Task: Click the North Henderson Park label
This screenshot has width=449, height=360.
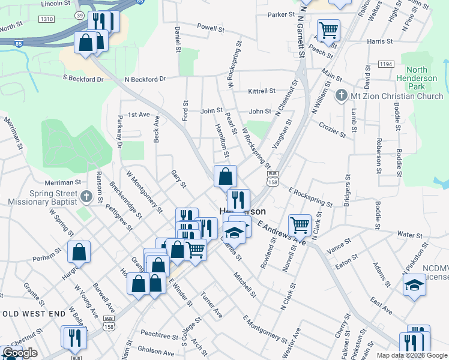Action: coord(420,79)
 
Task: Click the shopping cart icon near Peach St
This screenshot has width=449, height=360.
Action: coord(328,31)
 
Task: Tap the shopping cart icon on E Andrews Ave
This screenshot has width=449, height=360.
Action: coord(300,226)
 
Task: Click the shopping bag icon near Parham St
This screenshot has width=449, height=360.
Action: coord(79,252)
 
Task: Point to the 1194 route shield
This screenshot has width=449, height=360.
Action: coord(386,64)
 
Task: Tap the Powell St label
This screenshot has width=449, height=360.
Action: coord(210,28)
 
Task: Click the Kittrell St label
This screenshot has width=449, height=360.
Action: coord(262,91)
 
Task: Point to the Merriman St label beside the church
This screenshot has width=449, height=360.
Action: coord(62,182)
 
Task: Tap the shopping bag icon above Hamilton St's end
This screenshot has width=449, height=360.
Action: coord(225,176)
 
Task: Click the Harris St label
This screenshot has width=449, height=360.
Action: coord(379,42)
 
